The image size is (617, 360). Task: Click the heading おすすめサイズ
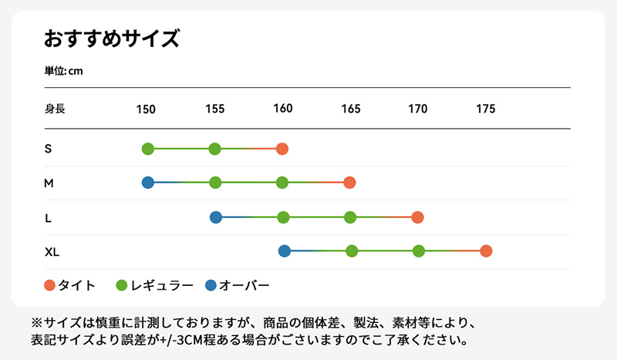tap(112, 39)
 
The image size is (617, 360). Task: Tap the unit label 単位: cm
tap(63, 71)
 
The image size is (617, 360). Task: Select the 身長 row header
tap(55, 109)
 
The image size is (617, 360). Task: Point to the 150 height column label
tap(147, 109)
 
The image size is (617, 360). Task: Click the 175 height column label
tap(486, 109)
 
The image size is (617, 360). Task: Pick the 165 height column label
tap(351, 109)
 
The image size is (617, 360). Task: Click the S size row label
tap(49, 149)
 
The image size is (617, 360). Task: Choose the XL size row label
tap(52, 251)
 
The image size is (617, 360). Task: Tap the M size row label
tap(49, 183)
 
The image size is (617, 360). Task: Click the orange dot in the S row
tap(282, 149)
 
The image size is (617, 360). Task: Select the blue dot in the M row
tap(148, 183)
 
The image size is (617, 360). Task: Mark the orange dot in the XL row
tap(486, 251)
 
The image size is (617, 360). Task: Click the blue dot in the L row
tap(216, 217)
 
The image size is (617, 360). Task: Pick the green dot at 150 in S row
tap(148, 149)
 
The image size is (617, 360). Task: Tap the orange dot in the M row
tap(349, 183)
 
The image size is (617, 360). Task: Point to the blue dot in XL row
tap(284, 251)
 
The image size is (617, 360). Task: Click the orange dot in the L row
tap(417, 217)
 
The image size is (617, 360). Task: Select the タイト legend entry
tap(70, 285)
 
